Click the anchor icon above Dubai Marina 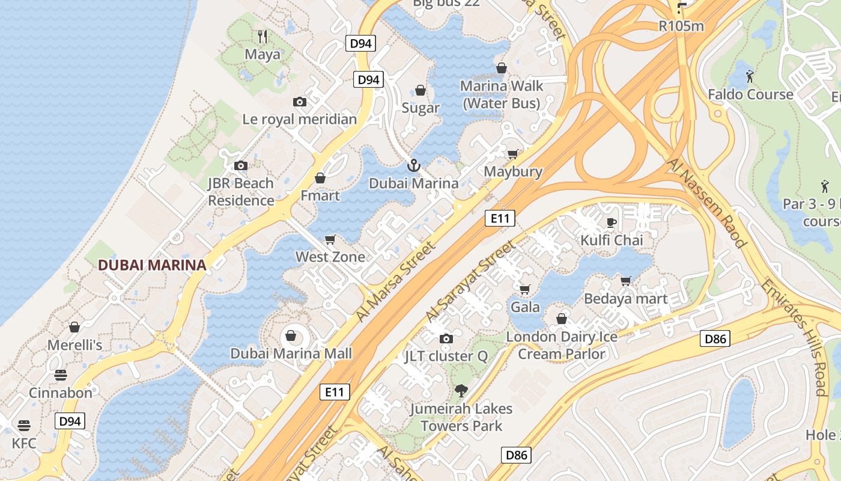(x=413, y=165)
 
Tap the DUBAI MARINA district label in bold (x=152, y=265)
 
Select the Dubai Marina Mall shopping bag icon (x=291, y=335)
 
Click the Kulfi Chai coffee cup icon (x=612, y=222)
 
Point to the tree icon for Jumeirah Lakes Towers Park (x=461, y=391)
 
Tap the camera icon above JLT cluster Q (x=446, y=339)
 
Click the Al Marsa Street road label (x=395, y=281)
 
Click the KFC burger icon (x=24, y=426)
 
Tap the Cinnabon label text (x=61, y=393)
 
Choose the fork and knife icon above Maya (x=262, y=36)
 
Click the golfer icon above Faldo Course (x=750, y=76)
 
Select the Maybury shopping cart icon (x=512, y=155)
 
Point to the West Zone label (x=330, y=257)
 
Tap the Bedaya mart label (x=625, y=299)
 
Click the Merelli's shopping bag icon (x=74, y=327)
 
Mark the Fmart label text (x=320, y=195)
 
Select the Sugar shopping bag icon (x=421, y=90)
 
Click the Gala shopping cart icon (x=524, y=289)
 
